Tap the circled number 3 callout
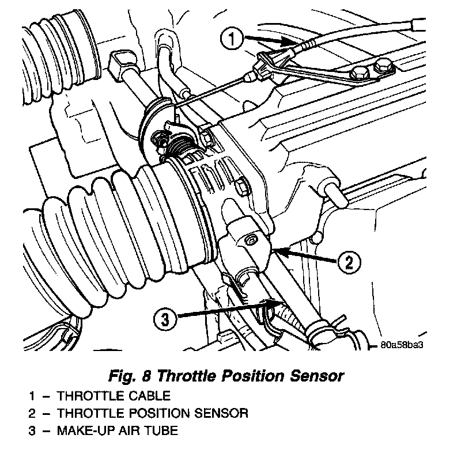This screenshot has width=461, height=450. point(166,318)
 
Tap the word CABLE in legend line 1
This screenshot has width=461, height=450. point(148,396)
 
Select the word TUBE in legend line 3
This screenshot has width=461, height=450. point(163,429)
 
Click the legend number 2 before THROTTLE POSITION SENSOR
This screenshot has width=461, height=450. point(32,413)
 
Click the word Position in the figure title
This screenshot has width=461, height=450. point(251,376)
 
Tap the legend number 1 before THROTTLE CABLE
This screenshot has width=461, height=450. point(32,396)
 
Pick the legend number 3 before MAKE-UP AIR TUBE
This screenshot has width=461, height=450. point(32,429)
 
